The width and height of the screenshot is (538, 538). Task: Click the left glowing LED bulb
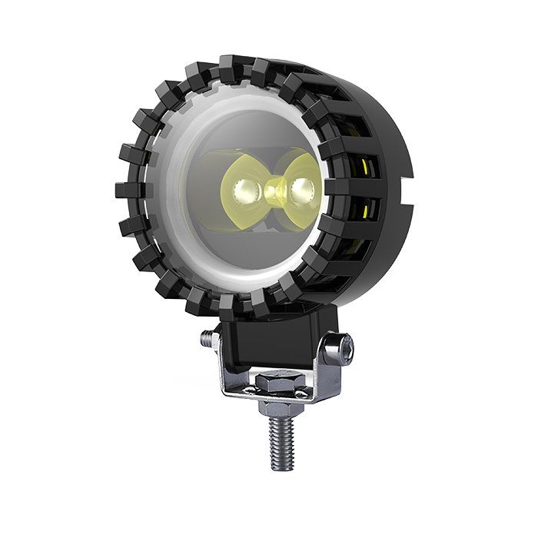click(x=244, y=188)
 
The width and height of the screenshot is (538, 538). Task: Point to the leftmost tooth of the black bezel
click(x=124, y=189)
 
